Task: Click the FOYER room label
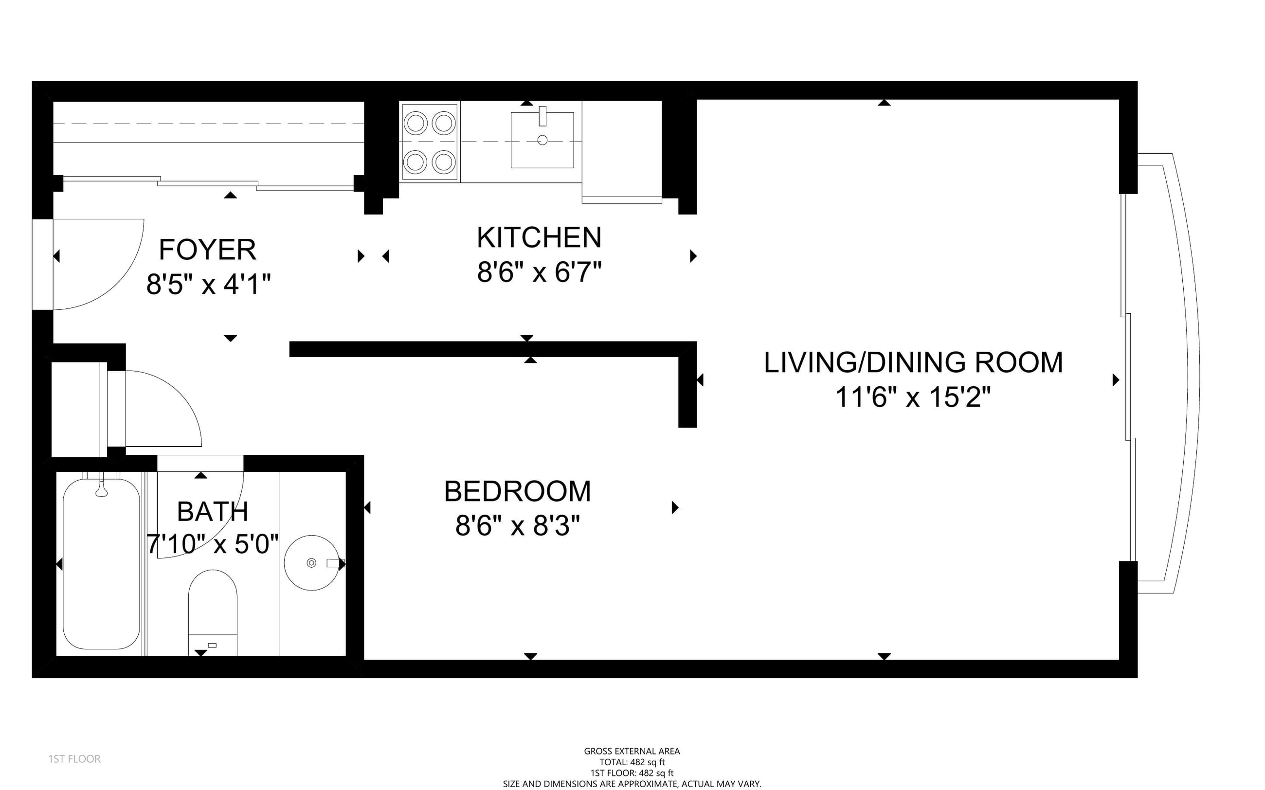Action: click(207, 250)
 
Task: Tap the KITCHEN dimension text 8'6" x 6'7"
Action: click(539, 272)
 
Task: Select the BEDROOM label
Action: click(517, 492)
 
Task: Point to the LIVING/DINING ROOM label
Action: click(913, 362)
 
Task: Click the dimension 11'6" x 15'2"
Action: click(913, 397)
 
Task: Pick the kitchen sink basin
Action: click(542, 140)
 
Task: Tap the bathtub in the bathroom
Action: click(101, 563)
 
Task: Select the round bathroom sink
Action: click(312, 563)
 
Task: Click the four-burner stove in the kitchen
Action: click(430, 142)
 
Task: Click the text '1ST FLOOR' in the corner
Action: click(74, 759)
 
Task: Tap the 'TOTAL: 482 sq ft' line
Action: click(632, 762)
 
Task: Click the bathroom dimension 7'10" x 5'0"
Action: click(213, 544)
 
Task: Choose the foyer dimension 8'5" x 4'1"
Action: click(209, 285)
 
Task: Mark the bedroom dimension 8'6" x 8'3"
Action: click(518, 526)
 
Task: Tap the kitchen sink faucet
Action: click(542, 116)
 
